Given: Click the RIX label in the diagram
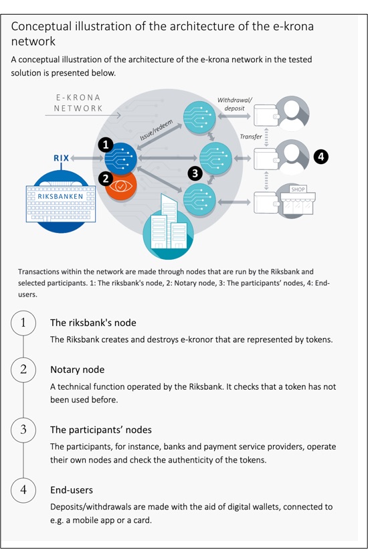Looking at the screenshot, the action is [61, 158].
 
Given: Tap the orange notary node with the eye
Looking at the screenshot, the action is [121, 187].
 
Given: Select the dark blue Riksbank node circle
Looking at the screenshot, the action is [120, 158].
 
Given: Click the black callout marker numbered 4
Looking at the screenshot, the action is [321, 157].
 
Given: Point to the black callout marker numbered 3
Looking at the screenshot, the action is [195, 173].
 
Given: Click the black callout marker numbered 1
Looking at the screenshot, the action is [106, 145].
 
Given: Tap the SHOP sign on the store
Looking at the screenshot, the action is [298, 189].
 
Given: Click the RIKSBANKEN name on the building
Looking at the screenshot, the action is [60, 196].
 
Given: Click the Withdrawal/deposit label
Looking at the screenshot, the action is [234, 104].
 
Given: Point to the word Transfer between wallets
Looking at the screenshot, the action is [251, 137].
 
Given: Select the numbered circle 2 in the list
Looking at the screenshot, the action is [23, 370].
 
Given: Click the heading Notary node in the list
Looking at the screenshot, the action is [78, 370].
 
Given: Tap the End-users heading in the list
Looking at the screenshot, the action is [72, 490].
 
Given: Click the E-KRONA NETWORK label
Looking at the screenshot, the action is [78, 103].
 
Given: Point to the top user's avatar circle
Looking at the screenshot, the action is [292, 113].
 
